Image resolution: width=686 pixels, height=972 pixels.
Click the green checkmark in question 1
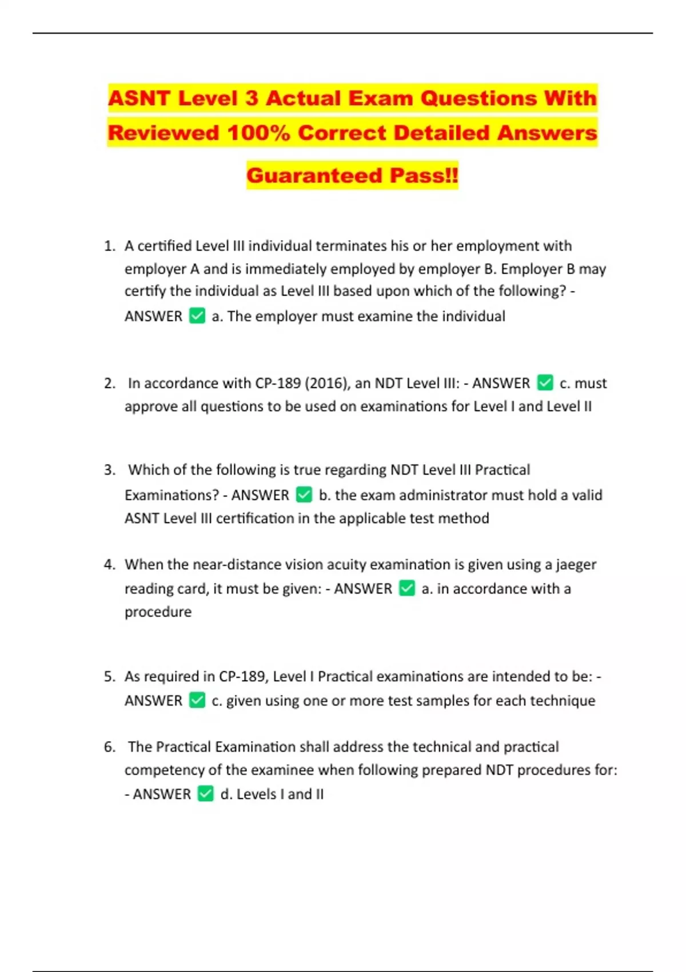pyautogui.click(x=197, y=316)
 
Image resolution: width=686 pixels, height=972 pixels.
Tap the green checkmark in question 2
pyautogui.click(x=545, y=383)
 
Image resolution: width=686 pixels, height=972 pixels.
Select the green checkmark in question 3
pyautogui.click(x=304, y=495)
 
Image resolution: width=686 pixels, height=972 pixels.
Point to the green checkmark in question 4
pyautogui.click(x=407, y=588)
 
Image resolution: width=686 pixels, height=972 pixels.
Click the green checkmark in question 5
pyautogui.click(x=197, y=700)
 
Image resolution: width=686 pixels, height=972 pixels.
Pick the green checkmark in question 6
pyautogui.click(x=205, y=794)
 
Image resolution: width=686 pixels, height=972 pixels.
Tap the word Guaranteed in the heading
pyautogui.click(x=314, y=175)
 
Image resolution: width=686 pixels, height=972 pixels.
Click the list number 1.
pyautogui.click(x=109, y=246)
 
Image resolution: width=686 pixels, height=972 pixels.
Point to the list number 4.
pyautogui.click(x=109, y=564)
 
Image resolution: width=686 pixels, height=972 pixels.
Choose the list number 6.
pyautogui.click(x=109, y=747)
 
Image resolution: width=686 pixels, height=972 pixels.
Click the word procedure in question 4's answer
pyautogui.click(x=158, y=612)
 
